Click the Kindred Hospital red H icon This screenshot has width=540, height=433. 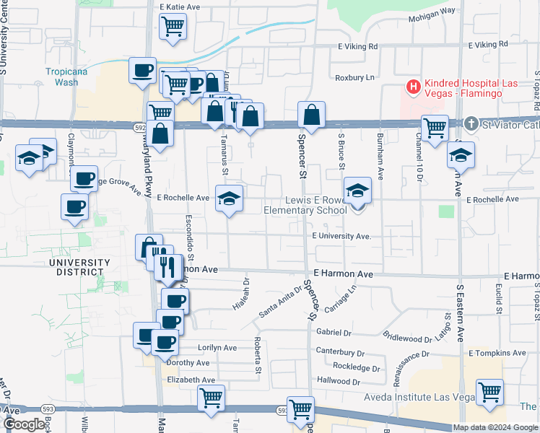[x=414, y=87]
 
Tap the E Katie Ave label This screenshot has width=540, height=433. [x=180, y=6]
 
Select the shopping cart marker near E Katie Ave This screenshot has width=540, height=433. [x=173, y=27]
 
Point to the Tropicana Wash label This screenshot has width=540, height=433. [x=62, y=76]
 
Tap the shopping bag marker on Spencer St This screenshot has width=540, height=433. [x=310, y=114]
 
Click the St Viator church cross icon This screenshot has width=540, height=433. [x=471, y=123]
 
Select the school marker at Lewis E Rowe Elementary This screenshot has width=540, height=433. [x=357, y=191]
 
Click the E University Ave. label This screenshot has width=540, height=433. [x=341, y=236]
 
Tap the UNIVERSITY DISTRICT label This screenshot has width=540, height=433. [x=79, y=267]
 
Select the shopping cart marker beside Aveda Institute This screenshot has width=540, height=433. [x=489, y=393]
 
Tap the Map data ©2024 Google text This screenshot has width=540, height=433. [x=495, y=428]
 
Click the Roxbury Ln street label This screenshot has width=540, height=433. [x=354, y=77]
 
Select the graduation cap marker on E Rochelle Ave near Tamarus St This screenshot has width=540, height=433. [x=228, y=198]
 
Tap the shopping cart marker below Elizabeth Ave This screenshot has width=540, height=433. [x=211, y=397]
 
